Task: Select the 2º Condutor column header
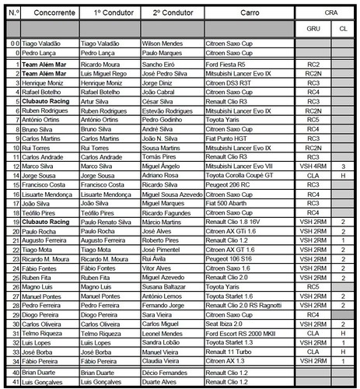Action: point(171,13)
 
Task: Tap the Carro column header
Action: point(246,13)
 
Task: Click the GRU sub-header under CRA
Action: point(313,29)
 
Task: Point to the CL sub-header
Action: point(342,29)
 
